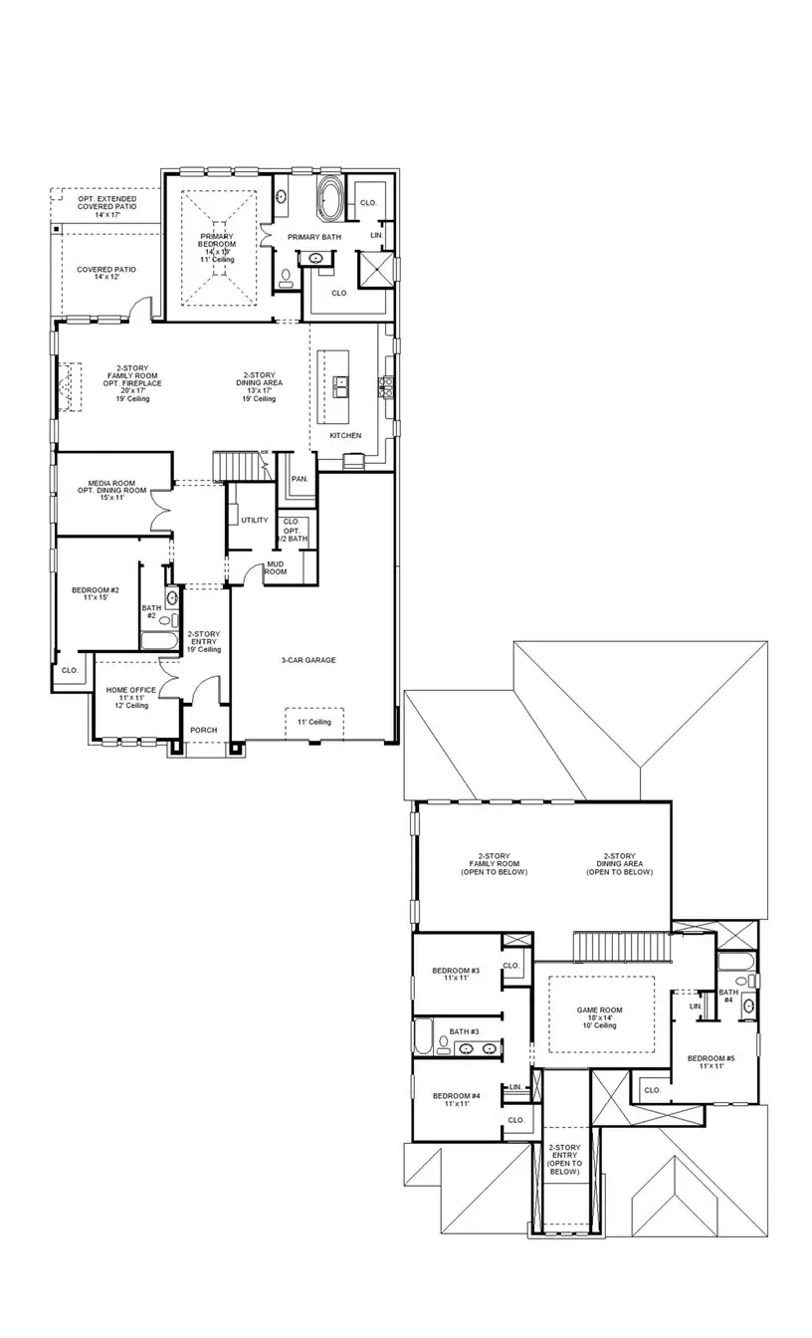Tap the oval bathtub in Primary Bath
coord(329,198)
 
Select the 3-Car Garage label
coord(308,660)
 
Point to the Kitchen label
coord(345,436)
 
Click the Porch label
coord(203,730)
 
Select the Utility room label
coord(254,520)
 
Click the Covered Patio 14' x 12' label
coord(106,272)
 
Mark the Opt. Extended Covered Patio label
coord(106,206)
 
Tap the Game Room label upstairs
coord(599,1016)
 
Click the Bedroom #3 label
coord(456,974)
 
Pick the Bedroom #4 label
coord(456,1099)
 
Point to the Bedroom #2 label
coord(96,594)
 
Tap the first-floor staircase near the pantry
coord(241,465)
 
